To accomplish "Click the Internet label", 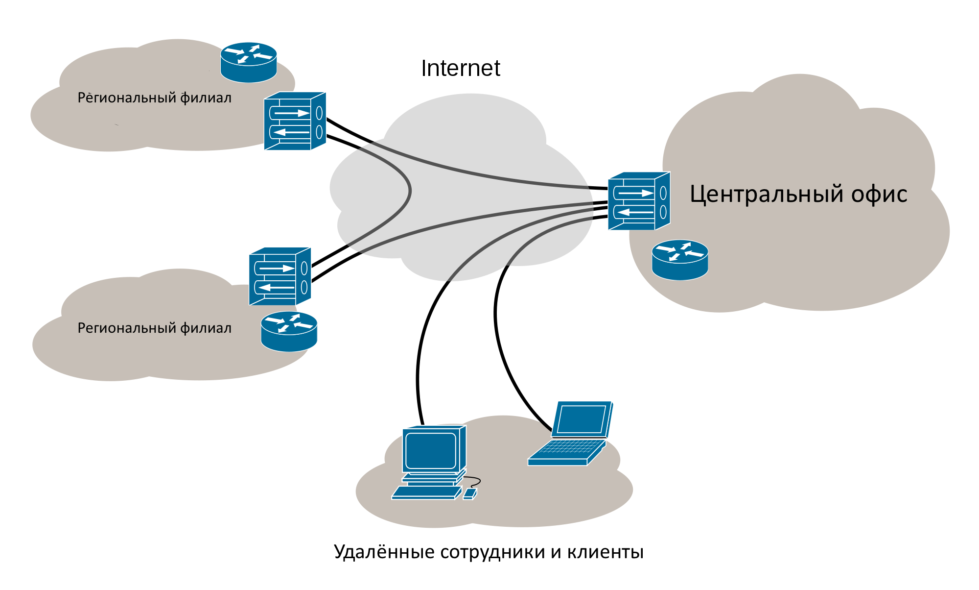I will click(x=460, y=68).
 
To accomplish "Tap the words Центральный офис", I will click(x=798, y=194).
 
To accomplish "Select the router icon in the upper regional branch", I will click(x=249, y=62).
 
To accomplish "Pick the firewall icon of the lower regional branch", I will click(x=280, y=276).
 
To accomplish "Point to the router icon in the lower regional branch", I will click(x=289, y=331).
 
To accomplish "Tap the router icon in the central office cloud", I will click(x=680, y=259).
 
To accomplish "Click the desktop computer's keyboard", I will click(x=426, y=492).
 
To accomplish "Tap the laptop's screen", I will click(x=582, y=419).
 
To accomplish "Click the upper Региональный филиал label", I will click(x=154, y=98).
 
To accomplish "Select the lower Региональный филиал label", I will click(x=154, y=328).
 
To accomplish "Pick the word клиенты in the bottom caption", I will click(x=606, y=552).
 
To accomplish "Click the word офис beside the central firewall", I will click(x=879, y=194).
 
